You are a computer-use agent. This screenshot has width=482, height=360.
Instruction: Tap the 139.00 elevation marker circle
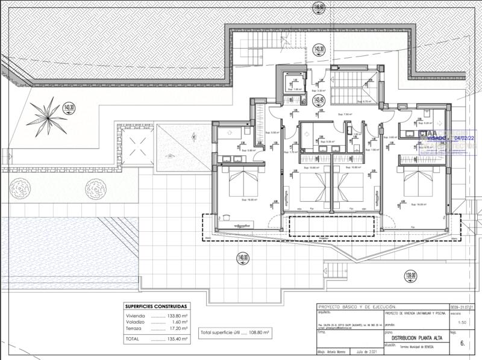[x=410, y=276]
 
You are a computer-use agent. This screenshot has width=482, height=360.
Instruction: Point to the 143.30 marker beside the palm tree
[x=69, y=108]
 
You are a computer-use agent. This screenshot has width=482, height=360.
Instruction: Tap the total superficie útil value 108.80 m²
[x=258, y=332]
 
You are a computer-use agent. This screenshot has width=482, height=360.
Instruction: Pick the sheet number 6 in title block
[x=462, y=344]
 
